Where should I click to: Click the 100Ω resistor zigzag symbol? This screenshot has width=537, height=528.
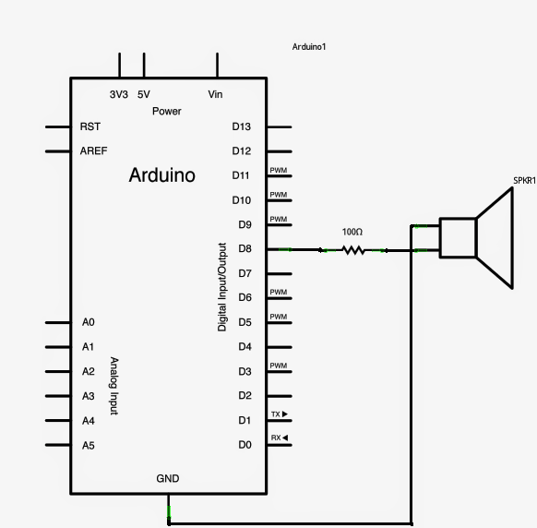[352, 249]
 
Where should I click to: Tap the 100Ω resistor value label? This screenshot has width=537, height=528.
[352, 232]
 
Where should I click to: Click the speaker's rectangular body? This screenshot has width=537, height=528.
[458, 238]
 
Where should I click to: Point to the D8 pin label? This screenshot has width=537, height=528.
[245, 249]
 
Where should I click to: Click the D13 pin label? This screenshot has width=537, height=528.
[243, 126]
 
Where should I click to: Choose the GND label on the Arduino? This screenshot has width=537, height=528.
[168, 478]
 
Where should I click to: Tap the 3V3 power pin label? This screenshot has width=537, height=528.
[119, 94]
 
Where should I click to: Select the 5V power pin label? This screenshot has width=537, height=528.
[144, 94]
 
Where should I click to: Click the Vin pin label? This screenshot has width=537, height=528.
[216, 94]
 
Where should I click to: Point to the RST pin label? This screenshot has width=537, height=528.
[90, 126]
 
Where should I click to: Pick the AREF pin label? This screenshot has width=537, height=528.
[93, 150]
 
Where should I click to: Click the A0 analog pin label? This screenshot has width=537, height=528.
[89, 322]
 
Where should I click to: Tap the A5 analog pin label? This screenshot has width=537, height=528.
[89, 445]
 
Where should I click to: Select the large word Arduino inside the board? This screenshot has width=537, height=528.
[162, 174]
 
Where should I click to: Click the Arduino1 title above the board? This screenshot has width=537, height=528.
[310, 46]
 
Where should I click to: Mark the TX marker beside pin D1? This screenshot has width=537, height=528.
[279, 414]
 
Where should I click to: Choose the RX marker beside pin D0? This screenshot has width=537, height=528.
[279, 438]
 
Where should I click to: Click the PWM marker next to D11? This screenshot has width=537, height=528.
[278, 171]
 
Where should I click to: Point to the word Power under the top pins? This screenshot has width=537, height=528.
[167, 111]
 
